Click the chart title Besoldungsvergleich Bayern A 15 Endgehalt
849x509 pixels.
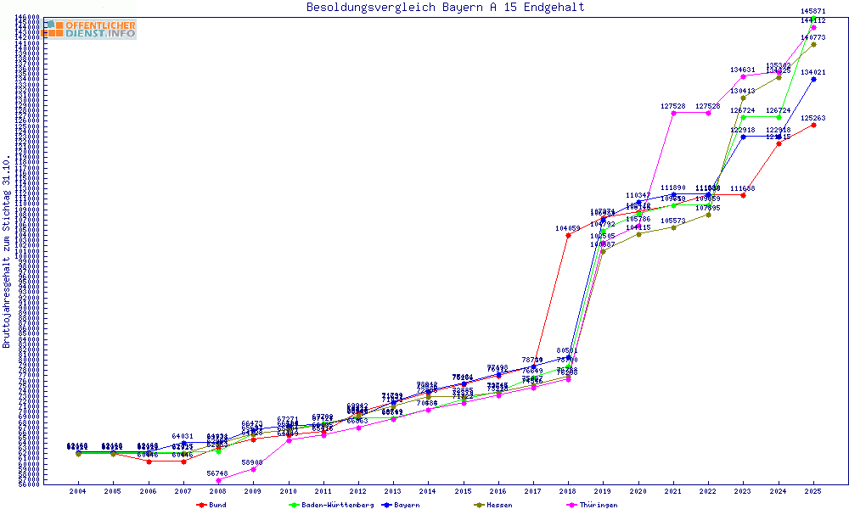446,8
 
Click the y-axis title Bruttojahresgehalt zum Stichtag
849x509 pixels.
7,252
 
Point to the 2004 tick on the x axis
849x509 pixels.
78,491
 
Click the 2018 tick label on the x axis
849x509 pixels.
568,491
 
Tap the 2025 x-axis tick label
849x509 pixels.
813,491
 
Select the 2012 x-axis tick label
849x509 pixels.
358,491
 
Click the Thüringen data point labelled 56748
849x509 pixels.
218,480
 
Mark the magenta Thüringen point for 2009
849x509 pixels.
253,469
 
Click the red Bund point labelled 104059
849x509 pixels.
568,235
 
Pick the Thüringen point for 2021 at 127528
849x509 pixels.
673,113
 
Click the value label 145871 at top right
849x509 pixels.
813,11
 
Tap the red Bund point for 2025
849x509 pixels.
813,125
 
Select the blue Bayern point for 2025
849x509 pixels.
813,79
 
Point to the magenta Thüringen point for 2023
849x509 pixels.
743,76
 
